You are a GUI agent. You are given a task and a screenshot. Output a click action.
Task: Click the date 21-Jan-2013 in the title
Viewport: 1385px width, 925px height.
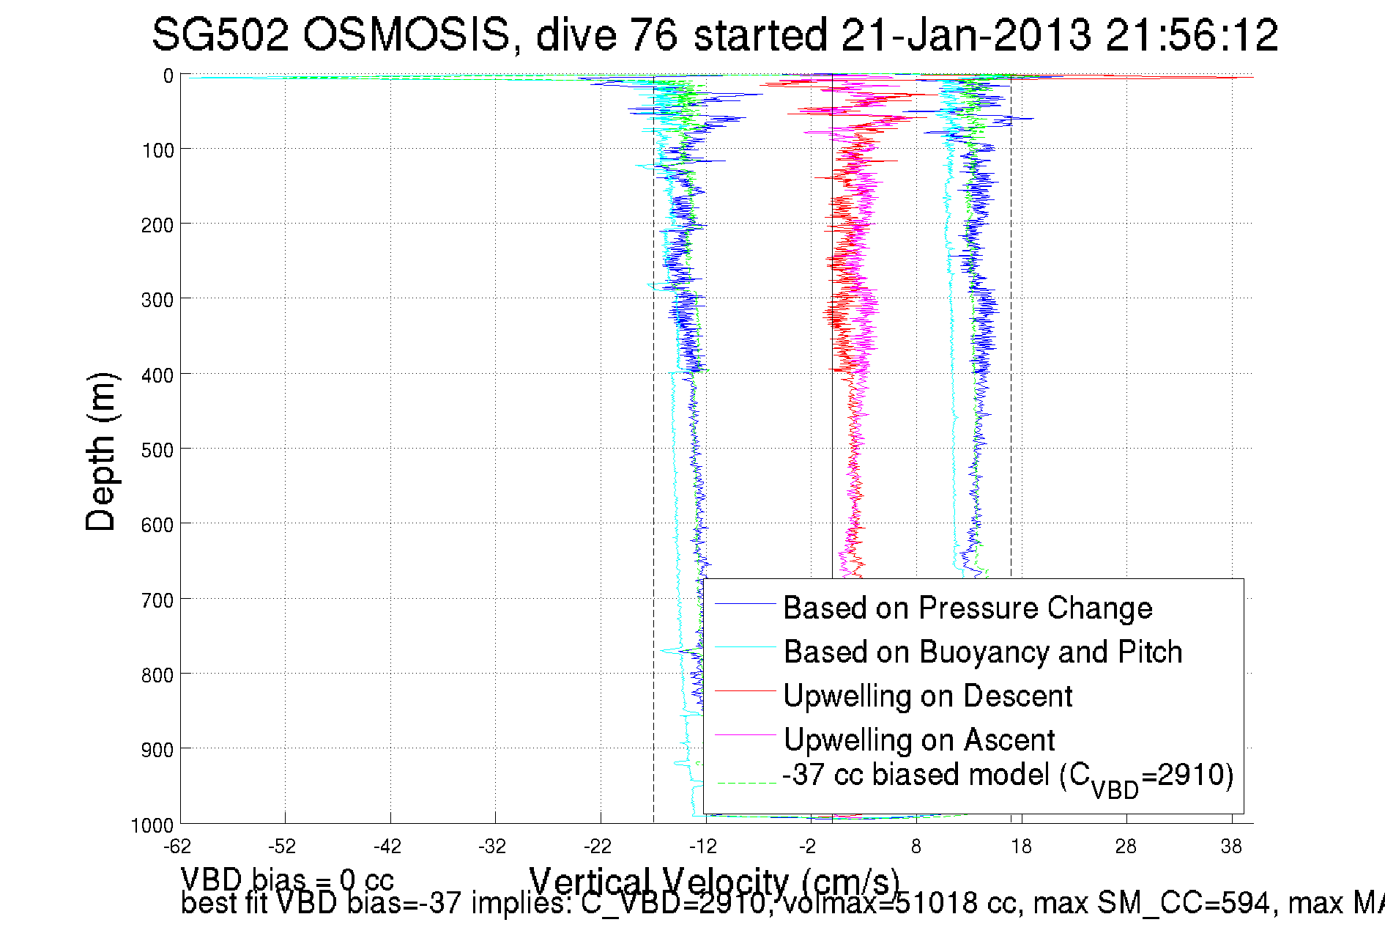pyautogui.click(x=965, y=35)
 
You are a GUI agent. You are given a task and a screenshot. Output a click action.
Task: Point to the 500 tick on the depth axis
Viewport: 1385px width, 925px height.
pyautogui.click(x=157, y=449)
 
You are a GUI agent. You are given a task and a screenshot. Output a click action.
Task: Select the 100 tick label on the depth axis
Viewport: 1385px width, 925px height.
pyautogui.click(x=157, y=150)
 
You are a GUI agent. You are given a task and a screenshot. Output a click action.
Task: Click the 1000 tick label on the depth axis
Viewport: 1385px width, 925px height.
pyautogui.click(x=152, y=825)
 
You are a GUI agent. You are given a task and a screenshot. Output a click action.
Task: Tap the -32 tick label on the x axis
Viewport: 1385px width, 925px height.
pyautogui.click(x=492, y=847)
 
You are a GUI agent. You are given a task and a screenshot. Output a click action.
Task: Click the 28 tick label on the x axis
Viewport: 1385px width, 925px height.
pyautogui.click(x=1126, y=847)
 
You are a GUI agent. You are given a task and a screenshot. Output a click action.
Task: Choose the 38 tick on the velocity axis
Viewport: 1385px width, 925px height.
pyautogui.click(x=1231, y=847)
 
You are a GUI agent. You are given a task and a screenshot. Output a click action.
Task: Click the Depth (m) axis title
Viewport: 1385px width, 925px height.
pyautogui.click(x=100, y=452)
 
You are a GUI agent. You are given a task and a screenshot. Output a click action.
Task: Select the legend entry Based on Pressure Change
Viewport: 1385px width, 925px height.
pyautogui.click(x=968, y=608)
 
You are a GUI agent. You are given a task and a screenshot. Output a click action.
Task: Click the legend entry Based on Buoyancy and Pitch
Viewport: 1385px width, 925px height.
pyautogui.click(x=983, y=652)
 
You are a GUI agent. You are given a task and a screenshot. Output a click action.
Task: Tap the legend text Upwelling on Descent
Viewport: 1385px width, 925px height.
pyautogui.click(x=927, y=696)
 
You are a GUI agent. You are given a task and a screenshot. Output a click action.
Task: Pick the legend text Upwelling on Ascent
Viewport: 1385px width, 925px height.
pyautogui.click(x=919, y=740)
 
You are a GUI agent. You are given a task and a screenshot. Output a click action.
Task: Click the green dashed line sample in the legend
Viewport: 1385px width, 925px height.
pyautogui.click(x=746, y=783)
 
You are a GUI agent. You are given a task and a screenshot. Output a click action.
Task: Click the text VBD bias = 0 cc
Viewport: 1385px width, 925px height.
pyautogui.click(x=287, y=879)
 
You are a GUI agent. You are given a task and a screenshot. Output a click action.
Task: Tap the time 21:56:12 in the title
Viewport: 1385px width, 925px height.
pyautogui.click(x=1192, y=35)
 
